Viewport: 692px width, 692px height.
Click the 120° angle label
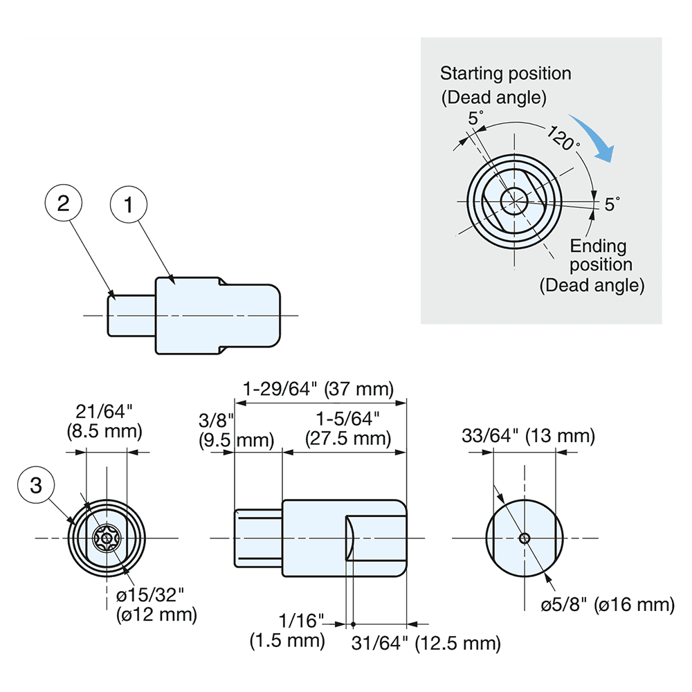tap(562, 139)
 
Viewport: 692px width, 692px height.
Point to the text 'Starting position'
tap(506, 73)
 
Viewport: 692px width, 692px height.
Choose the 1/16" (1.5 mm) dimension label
tap(287, 631)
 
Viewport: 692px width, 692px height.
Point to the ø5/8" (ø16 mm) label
tap(607, 604)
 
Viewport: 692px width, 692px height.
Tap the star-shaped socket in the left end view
tap(107, 538)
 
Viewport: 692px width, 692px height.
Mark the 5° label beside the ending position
tap(612, 204)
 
